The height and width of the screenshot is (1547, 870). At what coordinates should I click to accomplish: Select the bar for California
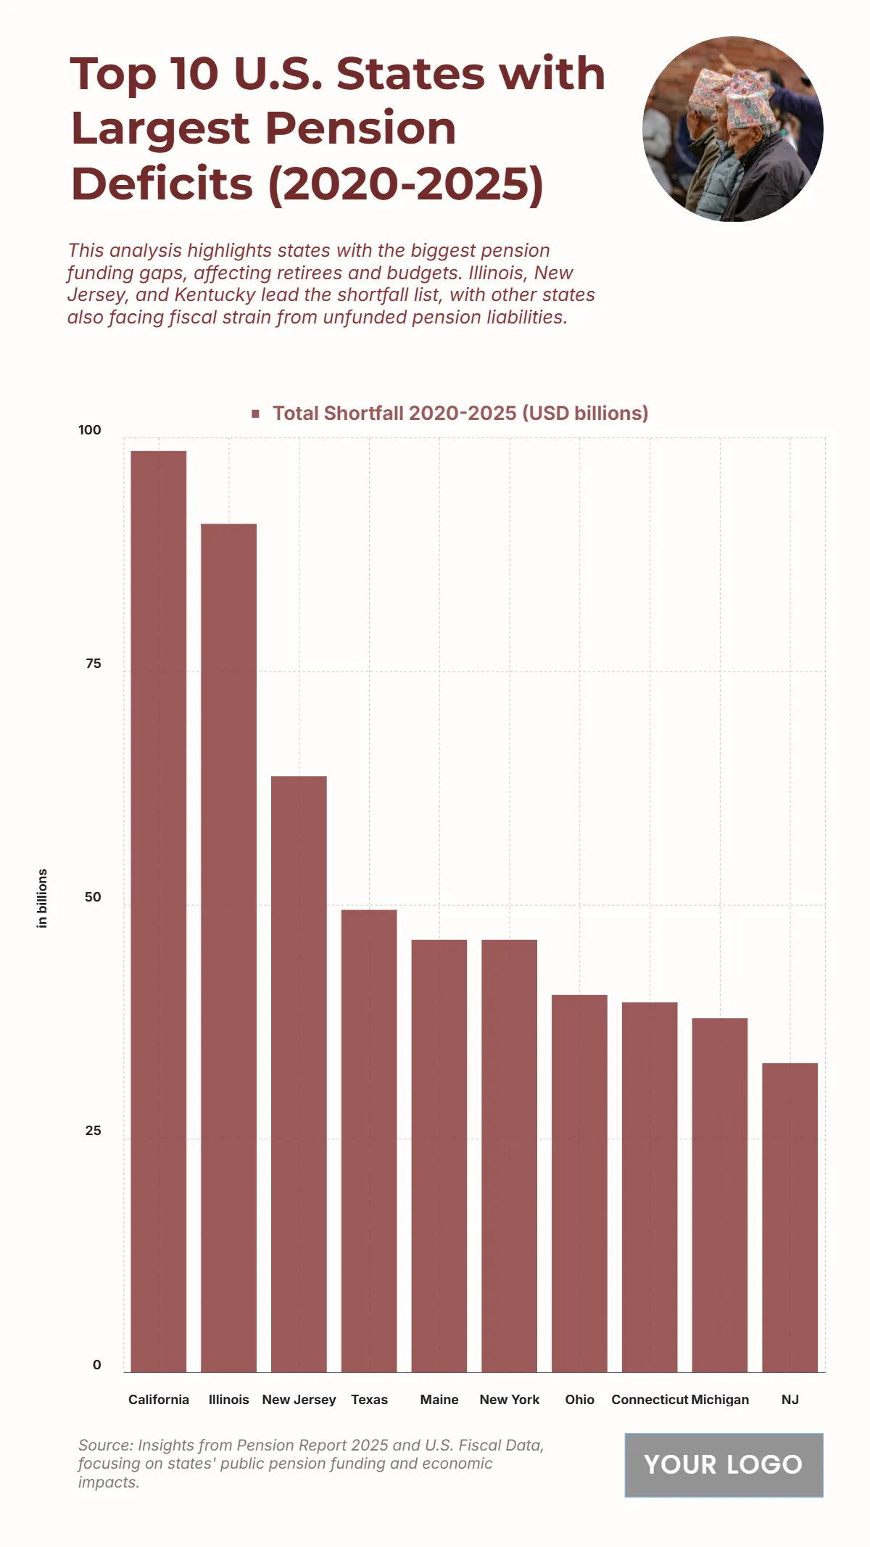tap(158, 911)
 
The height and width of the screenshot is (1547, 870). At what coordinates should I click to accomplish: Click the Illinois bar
tap(228, 947)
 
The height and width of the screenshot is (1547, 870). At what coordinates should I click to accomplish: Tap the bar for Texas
tap(369, 1140)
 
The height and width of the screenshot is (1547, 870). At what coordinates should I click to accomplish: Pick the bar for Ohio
tap(579, 1183)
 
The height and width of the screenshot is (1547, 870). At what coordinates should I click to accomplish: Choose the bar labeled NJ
tap(790, 1217)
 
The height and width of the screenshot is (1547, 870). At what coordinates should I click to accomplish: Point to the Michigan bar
tap(719, 1195)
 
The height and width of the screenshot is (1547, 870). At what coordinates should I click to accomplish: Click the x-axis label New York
tap(509, 1399)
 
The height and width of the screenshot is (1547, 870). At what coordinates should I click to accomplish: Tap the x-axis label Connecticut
tap(649, 1399)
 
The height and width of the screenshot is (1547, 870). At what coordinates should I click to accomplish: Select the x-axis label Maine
tap(439, 1399)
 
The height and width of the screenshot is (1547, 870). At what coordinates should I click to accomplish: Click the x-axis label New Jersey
tap(299, 1399)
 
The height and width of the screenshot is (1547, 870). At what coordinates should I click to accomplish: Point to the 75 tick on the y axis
tap(93, 664)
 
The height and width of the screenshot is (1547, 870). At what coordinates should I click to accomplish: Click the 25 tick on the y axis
tap(93, 1131)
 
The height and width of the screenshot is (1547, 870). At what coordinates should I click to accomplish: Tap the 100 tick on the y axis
tap(90, 430)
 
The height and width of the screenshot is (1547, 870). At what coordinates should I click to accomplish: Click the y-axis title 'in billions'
tap(42, 898)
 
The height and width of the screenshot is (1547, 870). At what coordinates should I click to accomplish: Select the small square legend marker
tap(255, 413)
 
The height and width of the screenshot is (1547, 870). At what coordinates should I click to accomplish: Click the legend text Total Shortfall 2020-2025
tap(460, 413)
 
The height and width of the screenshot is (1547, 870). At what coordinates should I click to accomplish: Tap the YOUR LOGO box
tap(724, 1464)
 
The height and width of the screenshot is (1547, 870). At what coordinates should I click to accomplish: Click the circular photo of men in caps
tap(732, 129)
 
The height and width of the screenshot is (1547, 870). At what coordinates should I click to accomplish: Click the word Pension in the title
tap(360, 128)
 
